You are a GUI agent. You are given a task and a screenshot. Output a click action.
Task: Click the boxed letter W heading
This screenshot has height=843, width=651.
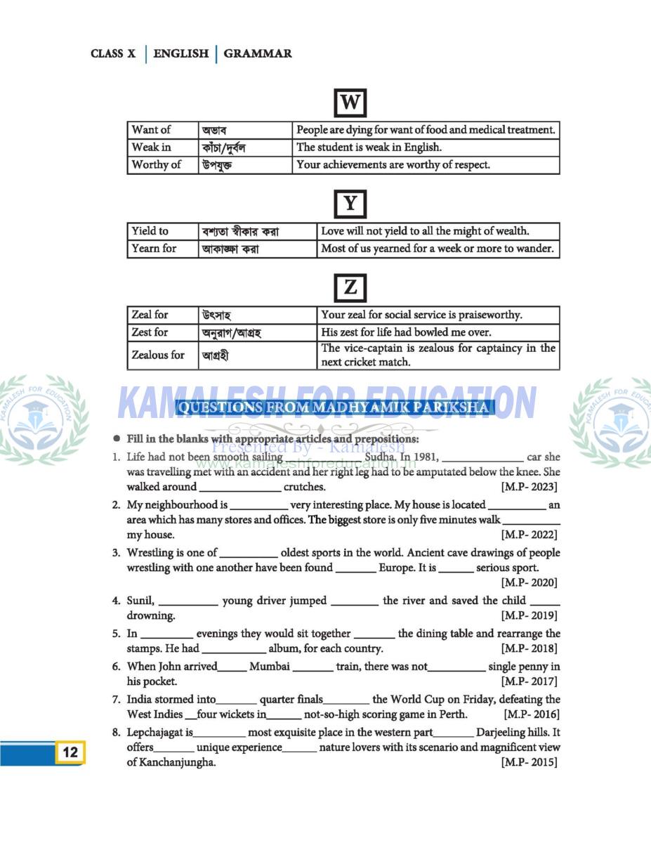[x=350, y=103]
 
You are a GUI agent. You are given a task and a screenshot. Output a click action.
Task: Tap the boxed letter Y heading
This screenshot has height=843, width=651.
[x=350, y=204]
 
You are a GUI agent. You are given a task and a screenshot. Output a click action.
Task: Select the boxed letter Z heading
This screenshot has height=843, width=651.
[x=350, y=287]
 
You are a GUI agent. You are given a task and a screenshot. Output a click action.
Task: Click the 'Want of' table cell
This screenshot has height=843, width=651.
[x=151, y=130]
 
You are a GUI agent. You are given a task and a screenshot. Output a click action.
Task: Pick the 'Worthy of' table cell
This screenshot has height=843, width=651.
[x=156, y=164]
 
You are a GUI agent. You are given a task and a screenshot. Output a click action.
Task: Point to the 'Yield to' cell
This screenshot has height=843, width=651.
[x=150, y=231]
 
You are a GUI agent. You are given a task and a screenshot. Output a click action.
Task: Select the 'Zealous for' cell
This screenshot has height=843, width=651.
[x=158, y=355]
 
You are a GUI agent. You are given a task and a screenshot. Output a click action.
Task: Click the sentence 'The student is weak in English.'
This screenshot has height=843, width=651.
[x=369, y=148]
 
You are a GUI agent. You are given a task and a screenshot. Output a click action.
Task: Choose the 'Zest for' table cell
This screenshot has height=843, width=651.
[x=150, y=332]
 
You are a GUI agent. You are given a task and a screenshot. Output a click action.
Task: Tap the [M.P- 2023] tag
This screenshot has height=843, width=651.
[x=530, y=487]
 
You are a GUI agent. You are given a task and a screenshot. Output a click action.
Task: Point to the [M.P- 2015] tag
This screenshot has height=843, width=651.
[x=530, y=762]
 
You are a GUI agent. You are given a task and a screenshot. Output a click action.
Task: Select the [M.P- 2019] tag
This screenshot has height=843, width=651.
[x=530, y=615]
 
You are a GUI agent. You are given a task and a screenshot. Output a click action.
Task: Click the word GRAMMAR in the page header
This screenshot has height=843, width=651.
[x=258, y=53]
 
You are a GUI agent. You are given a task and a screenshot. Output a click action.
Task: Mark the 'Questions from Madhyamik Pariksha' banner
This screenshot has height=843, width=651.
[x=334, y=407]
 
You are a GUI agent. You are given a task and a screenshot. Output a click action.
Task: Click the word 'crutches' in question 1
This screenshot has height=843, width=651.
[x=304, y=487]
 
